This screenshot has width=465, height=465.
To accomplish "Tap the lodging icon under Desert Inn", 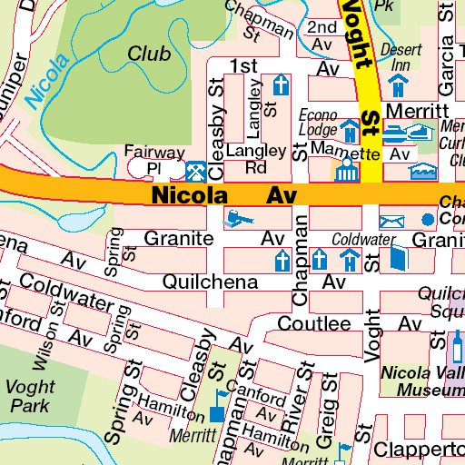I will [x=397, y=84].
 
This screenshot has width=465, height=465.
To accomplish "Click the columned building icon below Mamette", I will [x=345, y=171].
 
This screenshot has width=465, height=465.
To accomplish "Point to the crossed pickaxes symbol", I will [x=195, y=171].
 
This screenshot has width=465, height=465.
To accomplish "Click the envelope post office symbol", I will [x=391, y=221].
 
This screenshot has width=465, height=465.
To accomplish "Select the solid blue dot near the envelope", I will [x=428, y=220].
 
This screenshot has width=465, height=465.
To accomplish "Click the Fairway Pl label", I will [x=155, y=161].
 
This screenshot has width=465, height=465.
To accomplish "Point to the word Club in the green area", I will [x=148, y=54].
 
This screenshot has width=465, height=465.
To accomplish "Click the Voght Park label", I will [x=30, y=396].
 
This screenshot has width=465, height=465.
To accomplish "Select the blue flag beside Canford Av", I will [x=219, y=398].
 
